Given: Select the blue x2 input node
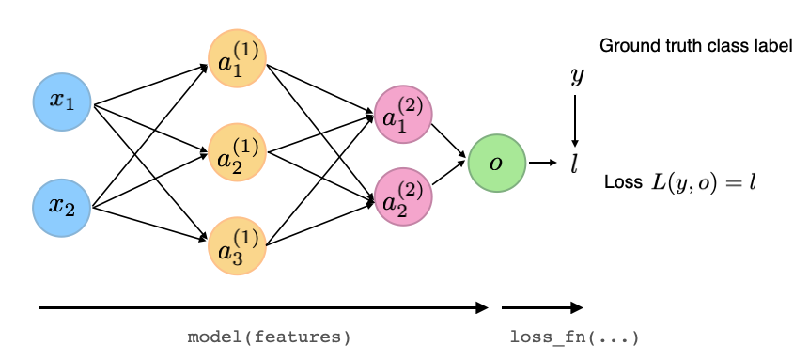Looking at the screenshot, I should point(62,204).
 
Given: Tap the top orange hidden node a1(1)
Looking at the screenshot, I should point(238,61).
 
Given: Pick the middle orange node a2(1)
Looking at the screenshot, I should point(238,152).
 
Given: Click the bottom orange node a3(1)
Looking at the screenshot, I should point(238,245).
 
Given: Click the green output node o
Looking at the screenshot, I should point(495,164).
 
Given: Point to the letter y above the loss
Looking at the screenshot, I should point(577,77).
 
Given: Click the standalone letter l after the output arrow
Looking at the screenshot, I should point(574,164).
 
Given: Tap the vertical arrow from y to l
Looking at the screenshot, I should point(576,119).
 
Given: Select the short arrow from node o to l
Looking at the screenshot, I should point(542,164).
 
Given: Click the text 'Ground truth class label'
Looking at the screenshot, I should point(695,45).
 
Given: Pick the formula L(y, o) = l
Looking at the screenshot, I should point(704,182).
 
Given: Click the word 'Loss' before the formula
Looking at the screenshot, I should point(622,183).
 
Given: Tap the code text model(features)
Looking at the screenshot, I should point(269,337).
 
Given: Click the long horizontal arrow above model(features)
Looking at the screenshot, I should point(263,307).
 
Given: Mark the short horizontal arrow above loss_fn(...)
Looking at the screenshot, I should point(542,307).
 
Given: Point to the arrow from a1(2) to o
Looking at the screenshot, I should point(449,139).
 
